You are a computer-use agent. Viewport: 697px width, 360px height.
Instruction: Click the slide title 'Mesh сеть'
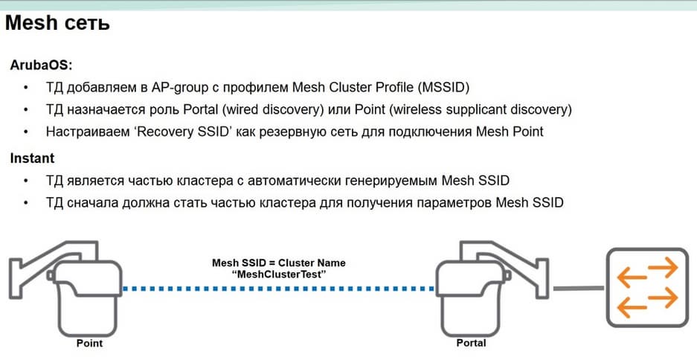57,23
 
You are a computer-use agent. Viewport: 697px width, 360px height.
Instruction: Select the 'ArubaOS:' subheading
41,65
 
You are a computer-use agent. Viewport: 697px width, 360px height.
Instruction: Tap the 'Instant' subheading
32,158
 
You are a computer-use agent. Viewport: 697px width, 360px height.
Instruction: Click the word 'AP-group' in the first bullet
180,88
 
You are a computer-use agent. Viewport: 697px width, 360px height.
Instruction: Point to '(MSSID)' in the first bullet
443,88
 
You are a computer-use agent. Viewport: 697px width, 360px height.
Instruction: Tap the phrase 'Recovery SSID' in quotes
187,132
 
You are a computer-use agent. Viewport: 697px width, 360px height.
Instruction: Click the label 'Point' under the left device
89,343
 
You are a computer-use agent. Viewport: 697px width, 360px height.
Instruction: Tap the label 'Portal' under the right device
471,343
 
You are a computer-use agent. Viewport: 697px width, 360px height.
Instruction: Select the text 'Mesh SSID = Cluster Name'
279,263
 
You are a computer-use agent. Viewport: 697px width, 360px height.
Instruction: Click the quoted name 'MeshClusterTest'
279,274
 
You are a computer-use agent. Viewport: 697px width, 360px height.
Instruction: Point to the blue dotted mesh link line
279,289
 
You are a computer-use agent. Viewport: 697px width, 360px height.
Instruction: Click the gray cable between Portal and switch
578,289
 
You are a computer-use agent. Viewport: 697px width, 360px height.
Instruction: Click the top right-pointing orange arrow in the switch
663,268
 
